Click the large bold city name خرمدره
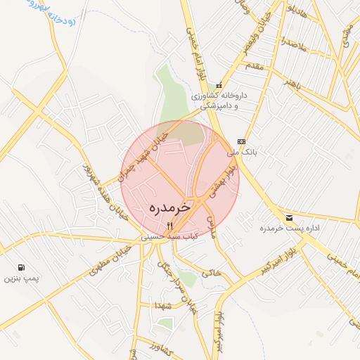click(172, 210)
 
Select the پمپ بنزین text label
click(20, 279)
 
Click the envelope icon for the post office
click(289, 218)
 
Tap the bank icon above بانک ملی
click(241, 141)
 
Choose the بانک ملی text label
click(240, 151)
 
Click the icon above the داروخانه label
click(219, 85)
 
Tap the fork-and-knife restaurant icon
click(169, 226)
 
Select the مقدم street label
click(252, 65)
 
